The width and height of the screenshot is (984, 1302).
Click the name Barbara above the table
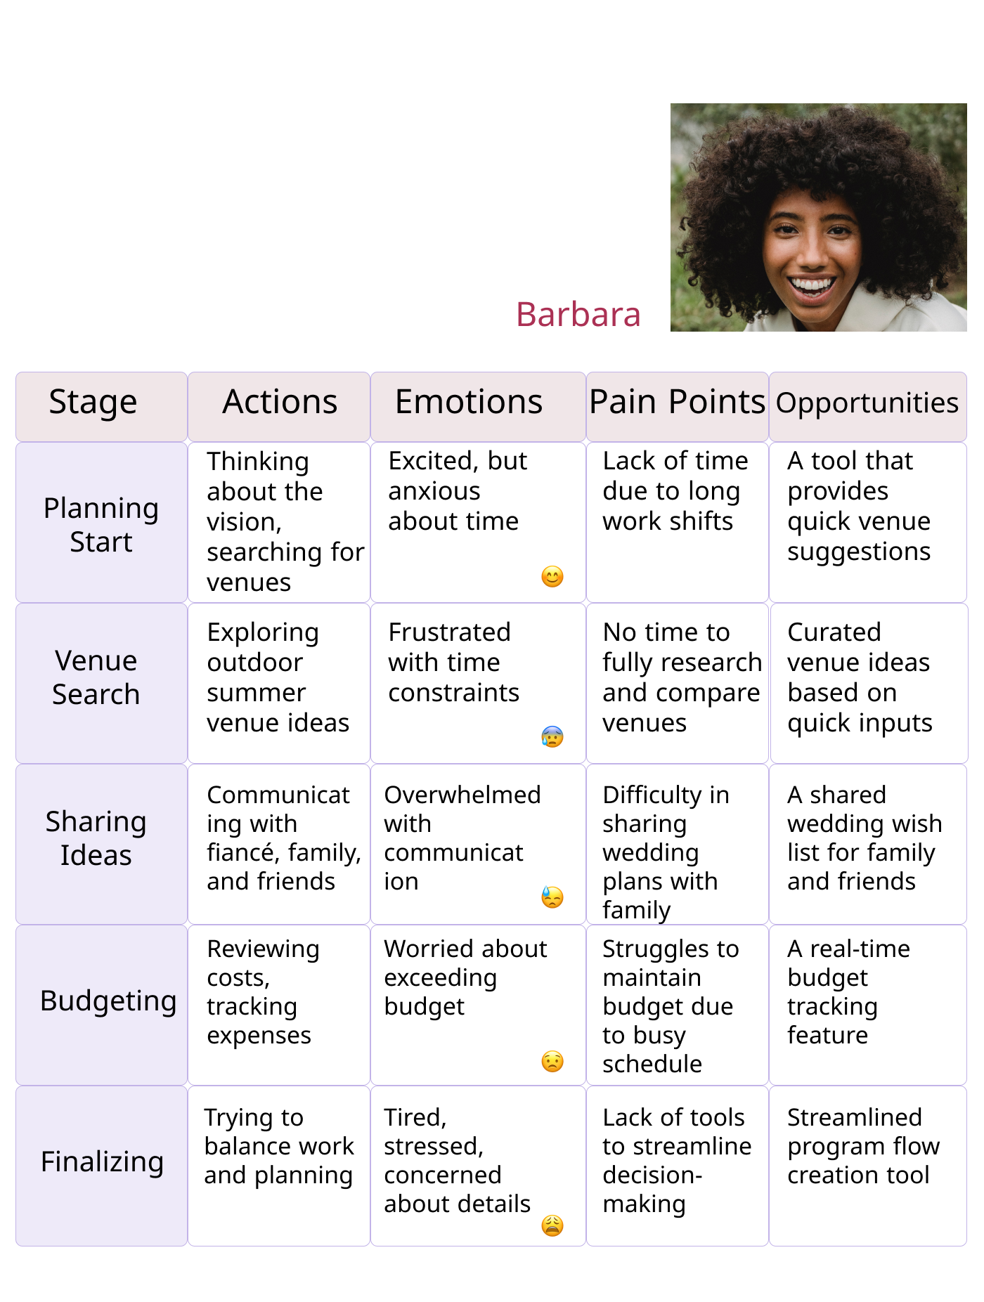click(578, 314)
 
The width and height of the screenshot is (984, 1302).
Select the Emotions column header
click(469, 403)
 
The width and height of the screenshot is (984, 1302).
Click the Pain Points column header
click(677, 403)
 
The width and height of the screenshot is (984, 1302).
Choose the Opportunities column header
click(867, 403)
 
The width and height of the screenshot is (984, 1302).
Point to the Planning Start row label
click(101, 525)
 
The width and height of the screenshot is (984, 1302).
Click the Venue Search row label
click(96, 677)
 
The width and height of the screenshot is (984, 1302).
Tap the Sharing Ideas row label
click(96, 838)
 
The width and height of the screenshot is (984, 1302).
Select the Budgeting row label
click(108, 1001)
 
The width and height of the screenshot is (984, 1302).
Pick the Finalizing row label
click(103, 1161)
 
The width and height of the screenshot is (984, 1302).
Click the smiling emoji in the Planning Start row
click(552, 577)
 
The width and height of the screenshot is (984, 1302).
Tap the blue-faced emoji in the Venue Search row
click(552, 736)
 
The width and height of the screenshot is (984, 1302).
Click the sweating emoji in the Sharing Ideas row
click(552, 897)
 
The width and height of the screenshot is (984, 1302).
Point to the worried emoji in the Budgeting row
click(552, 1061)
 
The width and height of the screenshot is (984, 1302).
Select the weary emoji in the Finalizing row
click(552, 1225)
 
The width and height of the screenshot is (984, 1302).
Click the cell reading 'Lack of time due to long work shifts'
click(674, 491)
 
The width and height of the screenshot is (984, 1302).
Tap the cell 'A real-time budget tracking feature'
click(848, 991)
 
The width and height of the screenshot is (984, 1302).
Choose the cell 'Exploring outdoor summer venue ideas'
click(278, 677)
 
